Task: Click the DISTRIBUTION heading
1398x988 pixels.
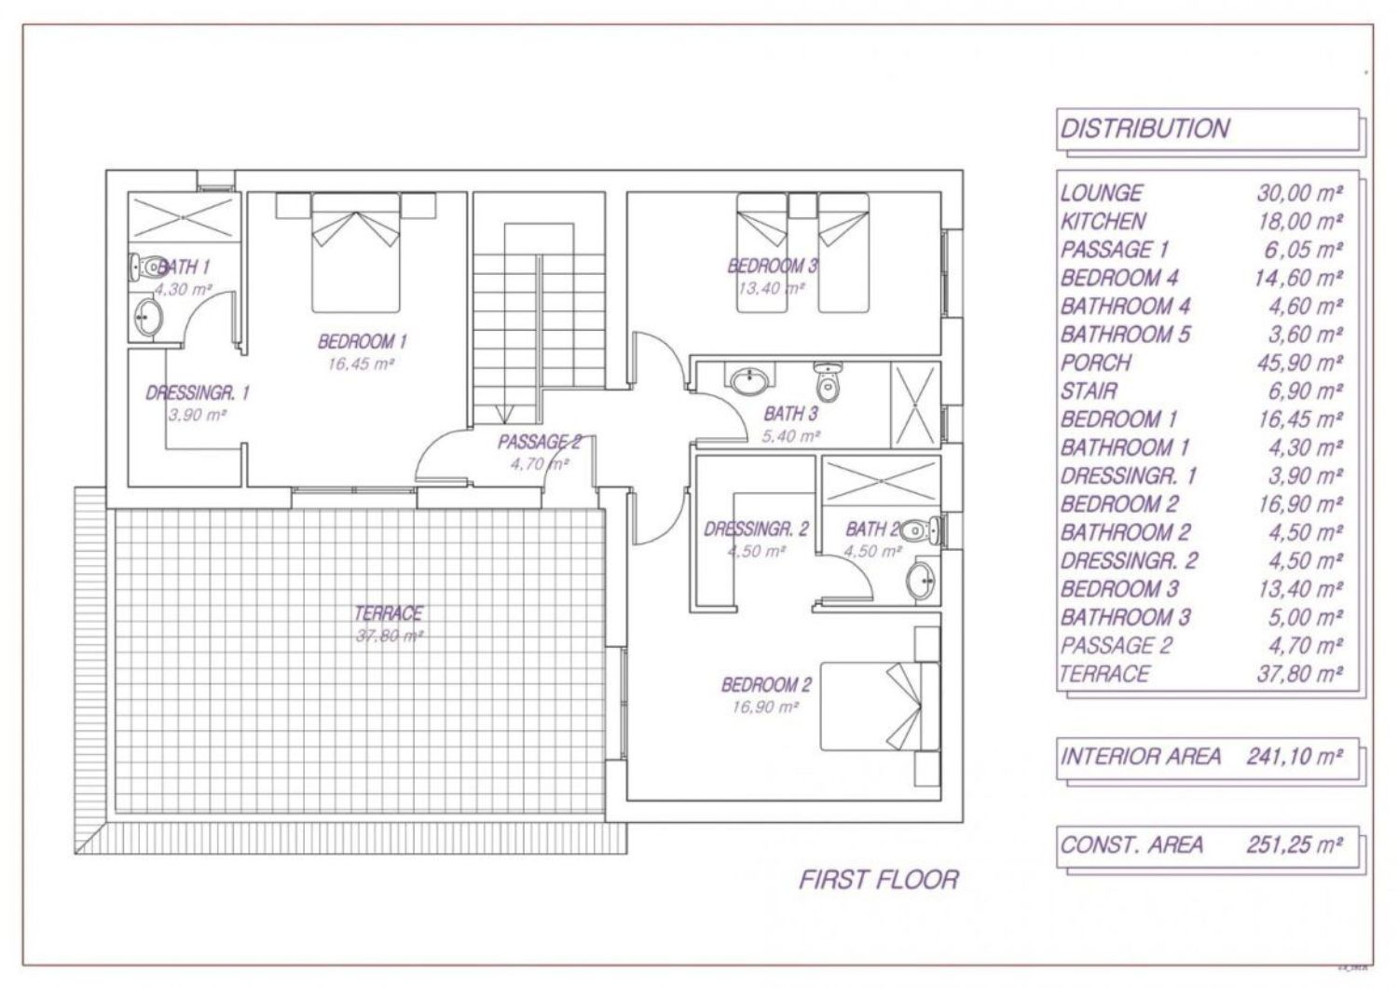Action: [x=1144, y=129]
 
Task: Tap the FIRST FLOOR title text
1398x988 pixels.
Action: [x=879, y=880]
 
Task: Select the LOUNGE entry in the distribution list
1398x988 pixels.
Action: [x=1102, y=193]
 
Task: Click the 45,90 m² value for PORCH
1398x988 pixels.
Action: [x=1299, y=363]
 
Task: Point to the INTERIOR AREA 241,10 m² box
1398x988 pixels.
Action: [x=1207, y=758]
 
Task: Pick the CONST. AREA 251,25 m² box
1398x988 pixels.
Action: [x=1207, y=845]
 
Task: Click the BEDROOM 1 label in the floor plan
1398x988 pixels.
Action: [x=362, y=341]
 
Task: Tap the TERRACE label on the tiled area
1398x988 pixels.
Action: [x=389, y=613]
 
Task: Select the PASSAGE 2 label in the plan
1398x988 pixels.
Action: [x=539, y=443]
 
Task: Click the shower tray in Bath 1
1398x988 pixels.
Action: [x=185, y=216]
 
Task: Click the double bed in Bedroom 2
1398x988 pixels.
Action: [x=880, y=706]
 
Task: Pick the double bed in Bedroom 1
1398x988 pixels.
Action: [x=355, y=253]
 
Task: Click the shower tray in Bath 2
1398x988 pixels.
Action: [x=882, y=481]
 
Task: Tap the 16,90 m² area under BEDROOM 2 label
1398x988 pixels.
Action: [x=765, y=707]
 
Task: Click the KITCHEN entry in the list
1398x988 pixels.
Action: [x=1103, y=221]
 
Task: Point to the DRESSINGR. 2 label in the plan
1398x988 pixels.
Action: [x=756, y=530]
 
